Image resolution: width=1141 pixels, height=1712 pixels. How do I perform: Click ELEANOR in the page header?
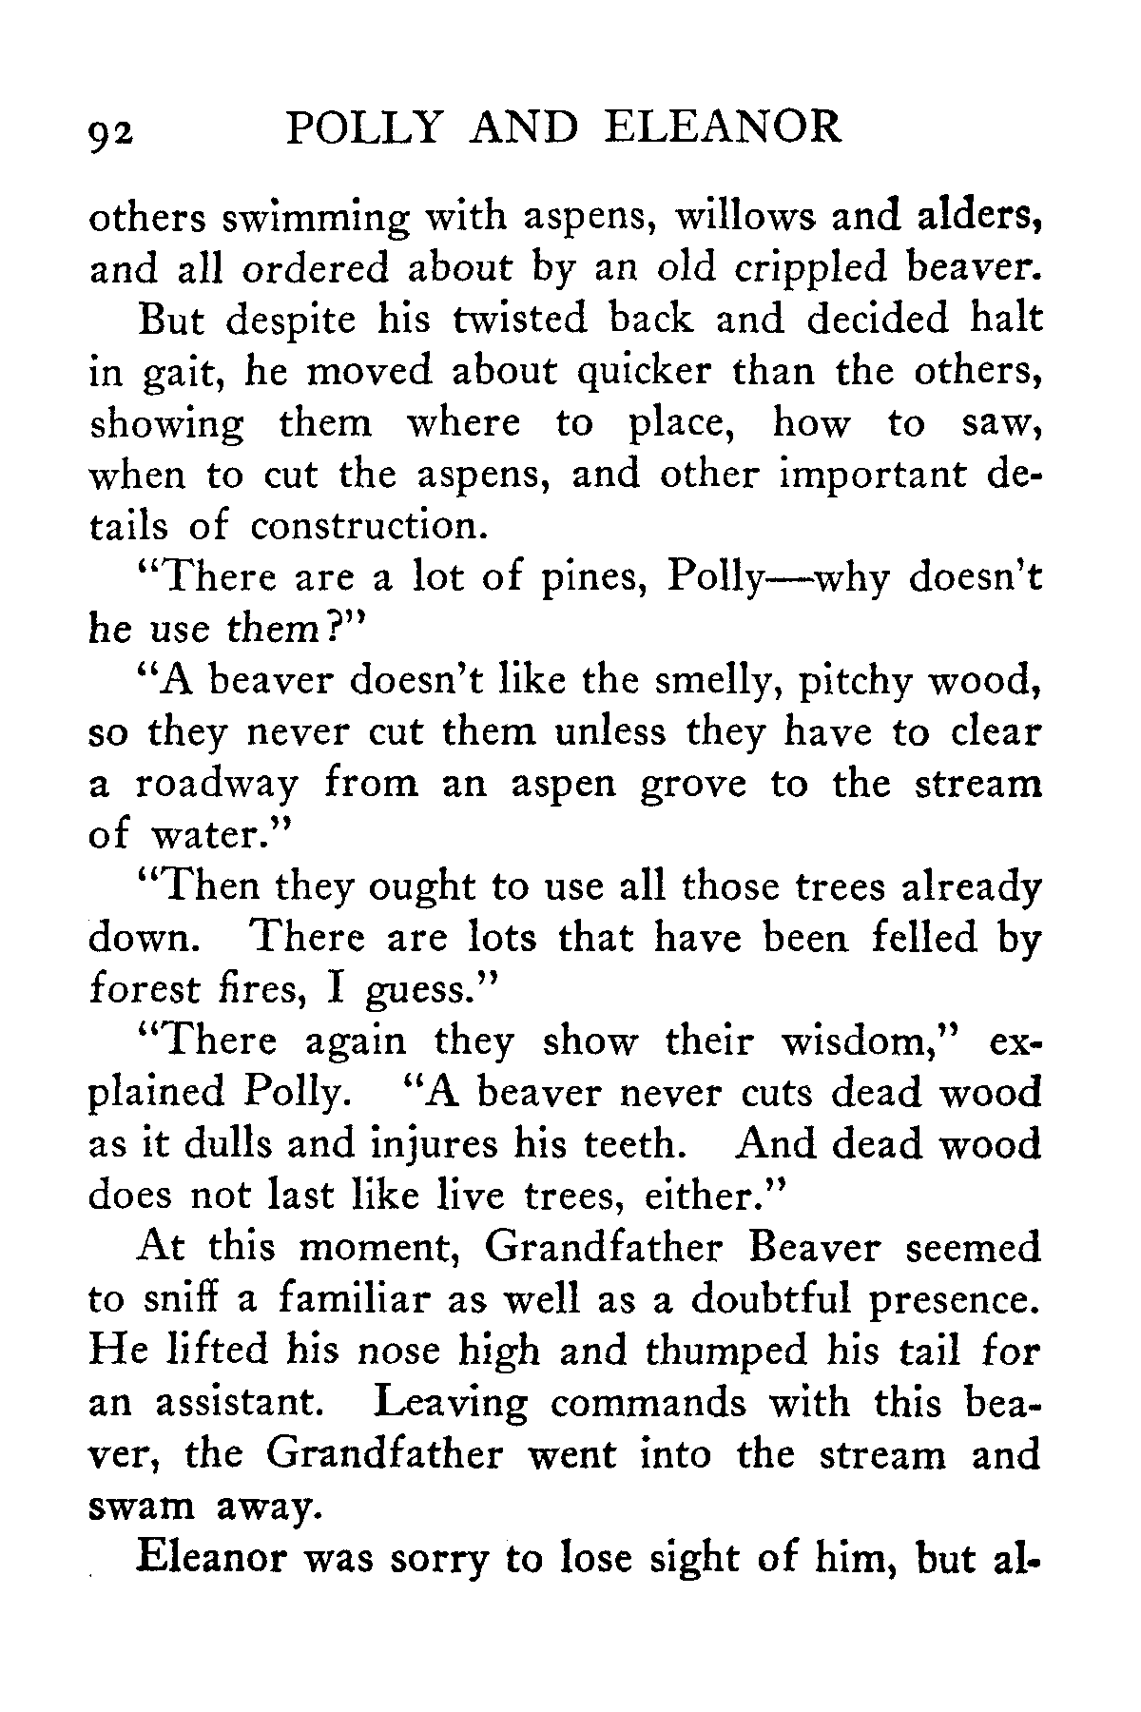(723, 126)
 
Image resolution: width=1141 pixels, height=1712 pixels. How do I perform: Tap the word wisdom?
(861, 1041)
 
